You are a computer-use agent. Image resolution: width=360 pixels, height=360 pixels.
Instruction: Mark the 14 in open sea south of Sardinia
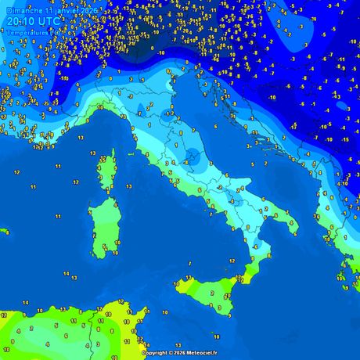pyautogui.click(x=67, y=275)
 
